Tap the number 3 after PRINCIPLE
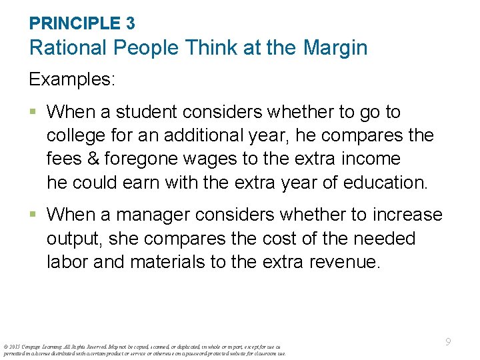click(x=130, y=23)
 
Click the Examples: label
click(x=72, y=79)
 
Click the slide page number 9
click(x=448, y=342)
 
